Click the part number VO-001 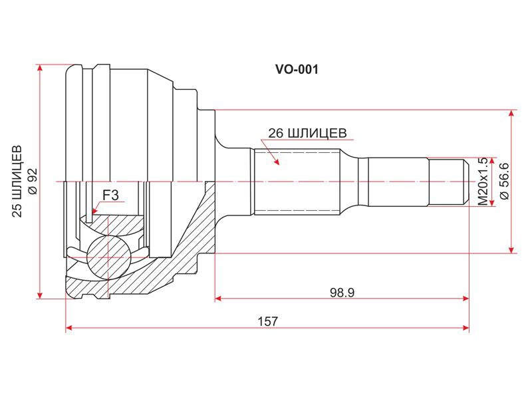[x=297, y=70]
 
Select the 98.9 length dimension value [x=342, y=292]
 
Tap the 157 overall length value [x=268, y=321]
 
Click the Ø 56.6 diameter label [x=504, y=181]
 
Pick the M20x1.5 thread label [x=483, y=181]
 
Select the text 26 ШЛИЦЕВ [x=307, y=134]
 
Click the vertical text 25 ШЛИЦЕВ [x=17, y=181]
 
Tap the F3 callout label [x=110, y=195]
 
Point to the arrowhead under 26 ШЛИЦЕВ [x=277, y=161]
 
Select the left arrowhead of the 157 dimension [x=69, y=328]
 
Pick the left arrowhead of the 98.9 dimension [x=219, y=299]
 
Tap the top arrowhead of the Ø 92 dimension [x=40, y=68]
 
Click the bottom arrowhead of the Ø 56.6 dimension [x=511, y=249]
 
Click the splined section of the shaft [x=297, y=182]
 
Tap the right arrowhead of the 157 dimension [x=465, y=328]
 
